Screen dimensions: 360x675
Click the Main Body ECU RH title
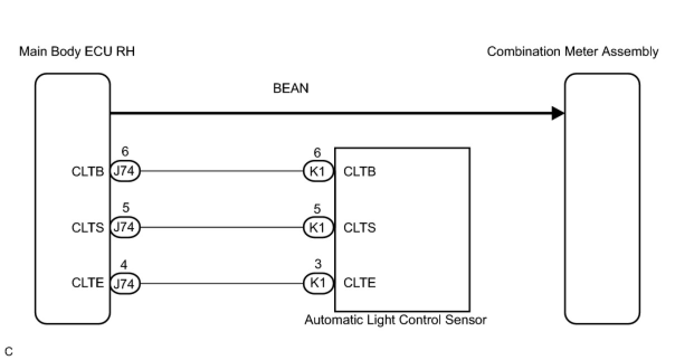pos(77,52)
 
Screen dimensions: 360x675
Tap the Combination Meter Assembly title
pos(572,52)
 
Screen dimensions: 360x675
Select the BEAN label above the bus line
pos(291,88)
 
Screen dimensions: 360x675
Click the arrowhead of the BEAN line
pos(558,113)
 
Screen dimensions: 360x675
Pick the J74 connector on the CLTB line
pos(125,171)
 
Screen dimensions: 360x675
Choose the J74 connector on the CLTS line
pos(125,228)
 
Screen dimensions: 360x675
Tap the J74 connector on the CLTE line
pos(125,283)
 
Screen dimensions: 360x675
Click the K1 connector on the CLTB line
pos(317,171)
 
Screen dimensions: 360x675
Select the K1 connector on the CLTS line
pos(317,228)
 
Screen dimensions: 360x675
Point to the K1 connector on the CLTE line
pos(317,283)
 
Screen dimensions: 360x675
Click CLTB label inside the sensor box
pos(359,172)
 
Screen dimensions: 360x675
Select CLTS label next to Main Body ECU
pos(88,228)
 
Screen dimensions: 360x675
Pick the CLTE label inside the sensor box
pos(359,283)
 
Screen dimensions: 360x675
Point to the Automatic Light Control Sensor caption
pos(395,320)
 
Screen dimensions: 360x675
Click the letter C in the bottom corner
pos(8,352)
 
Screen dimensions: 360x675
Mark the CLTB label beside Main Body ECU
pos(88,172)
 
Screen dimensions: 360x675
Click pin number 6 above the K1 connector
pos(317,152)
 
